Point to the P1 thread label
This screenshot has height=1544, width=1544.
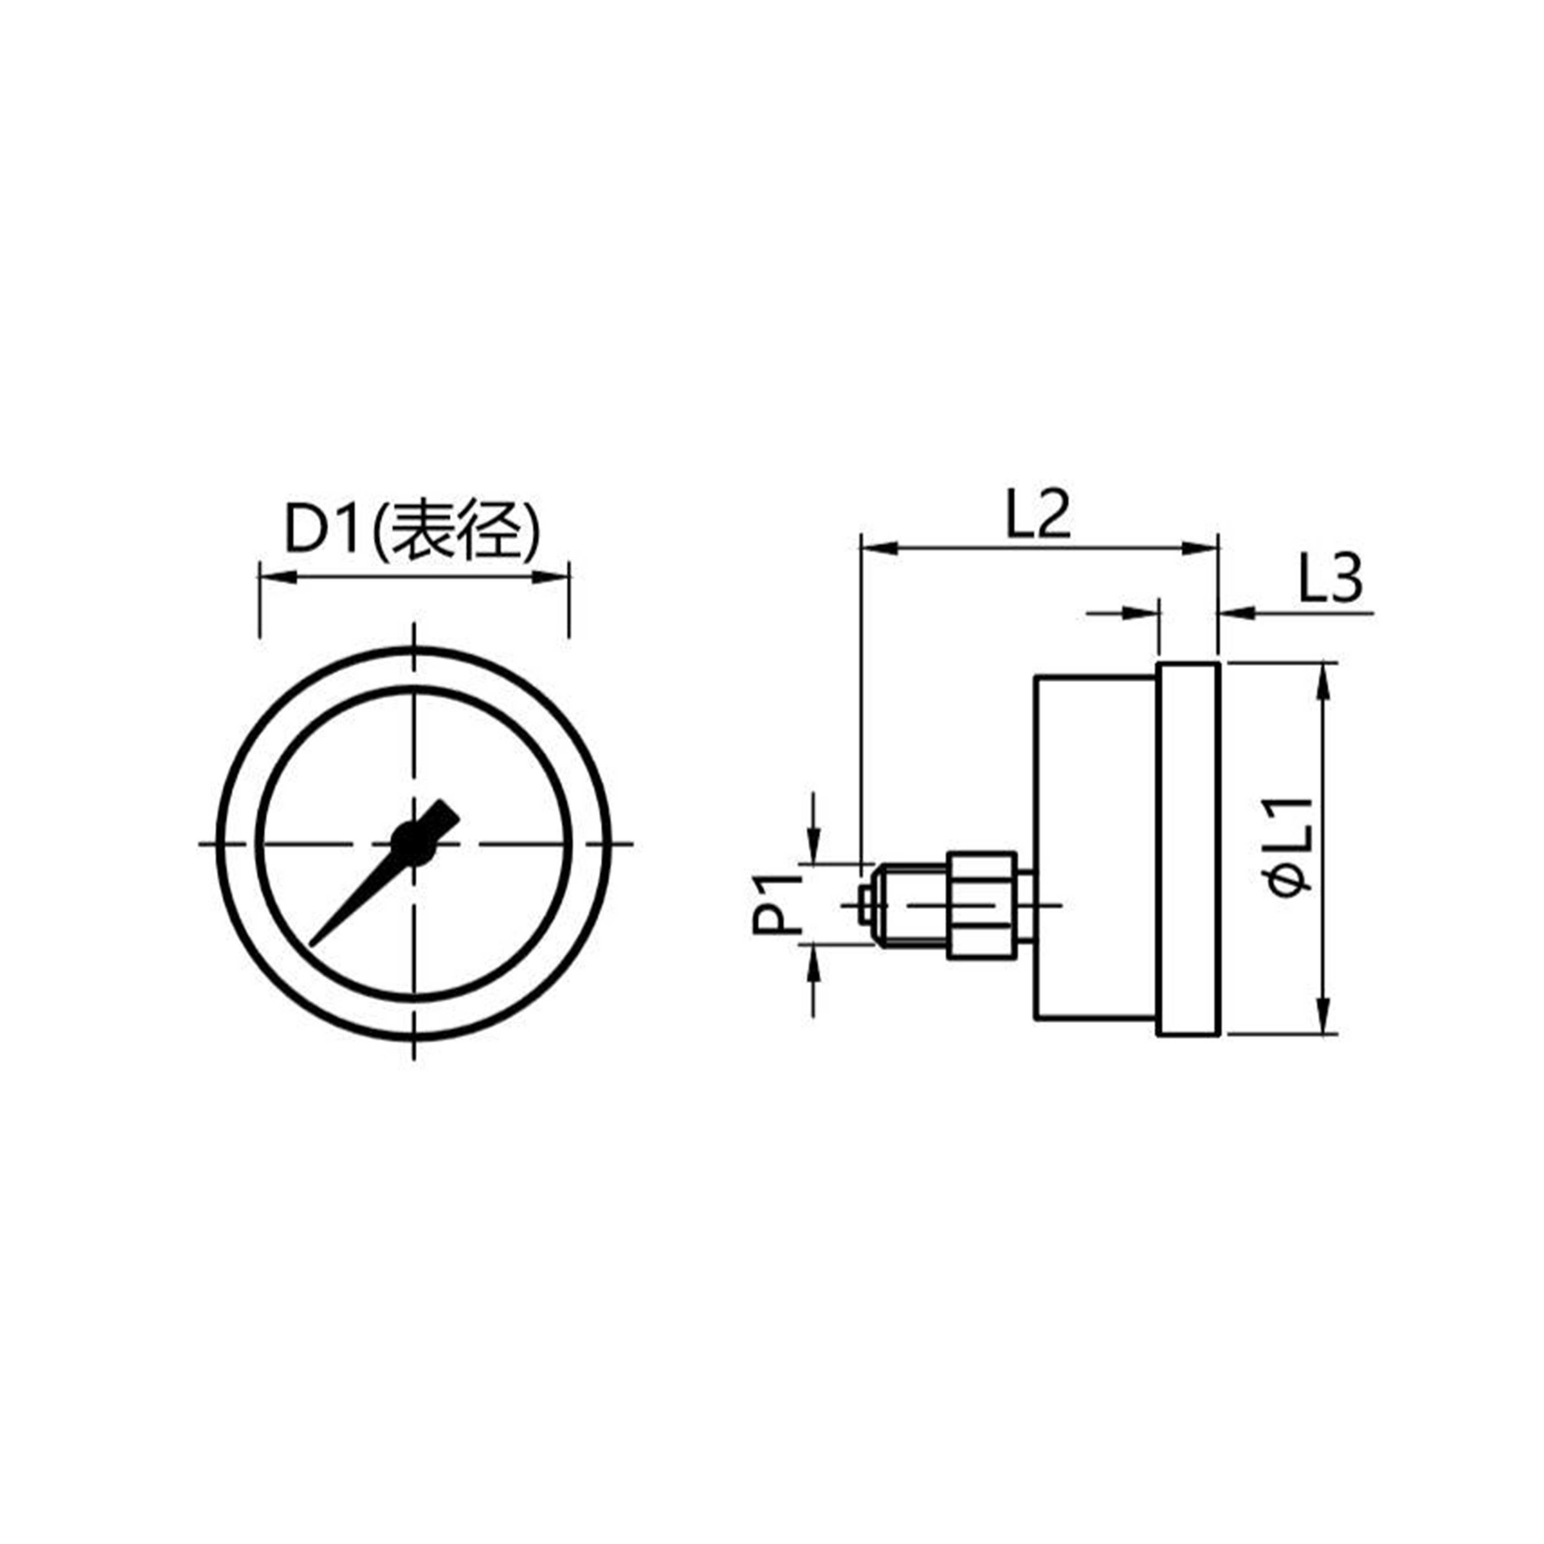pos(776,905)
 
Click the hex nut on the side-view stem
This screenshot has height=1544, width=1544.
pos(982,905)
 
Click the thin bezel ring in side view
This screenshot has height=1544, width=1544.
pos(1188,849)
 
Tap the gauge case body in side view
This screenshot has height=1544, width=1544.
pos(1095,849)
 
